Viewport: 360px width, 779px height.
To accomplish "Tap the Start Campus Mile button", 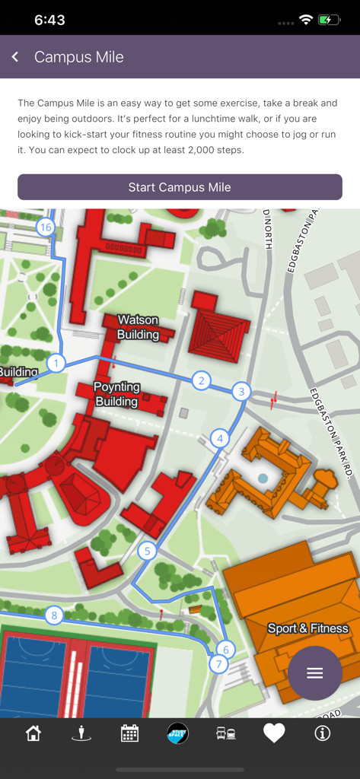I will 180,187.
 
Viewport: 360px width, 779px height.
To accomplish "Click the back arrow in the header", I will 15,57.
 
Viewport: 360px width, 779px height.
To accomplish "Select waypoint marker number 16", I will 45,227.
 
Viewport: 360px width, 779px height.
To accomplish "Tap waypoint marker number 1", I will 56,364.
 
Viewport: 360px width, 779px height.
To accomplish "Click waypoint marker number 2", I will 201,380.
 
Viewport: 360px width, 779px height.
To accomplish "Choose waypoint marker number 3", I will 241,392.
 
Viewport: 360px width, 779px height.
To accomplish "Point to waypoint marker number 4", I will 220,438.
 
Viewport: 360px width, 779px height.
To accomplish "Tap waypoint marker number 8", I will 53,615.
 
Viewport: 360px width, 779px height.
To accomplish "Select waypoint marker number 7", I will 218,664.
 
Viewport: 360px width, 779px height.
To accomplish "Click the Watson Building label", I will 138,327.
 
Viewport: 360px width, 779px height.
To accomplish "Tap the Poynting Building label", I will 116,394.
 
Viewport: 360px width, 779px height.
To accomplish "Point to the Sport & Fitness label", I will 307,628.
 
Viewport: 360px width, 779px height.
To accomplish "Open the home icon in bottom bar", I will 33,733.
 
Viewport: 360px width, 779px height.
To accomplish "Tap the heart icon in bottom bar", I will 274,733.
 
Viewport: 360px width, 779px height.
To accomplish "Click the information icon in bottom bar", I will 322,733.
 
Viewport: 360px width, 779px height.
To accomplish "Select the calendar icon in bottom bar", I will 129,733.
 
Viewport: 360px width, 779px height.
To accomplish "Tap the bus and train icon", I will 226,733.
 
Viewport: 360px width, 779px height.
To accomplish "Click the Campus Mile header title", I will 78,57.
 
